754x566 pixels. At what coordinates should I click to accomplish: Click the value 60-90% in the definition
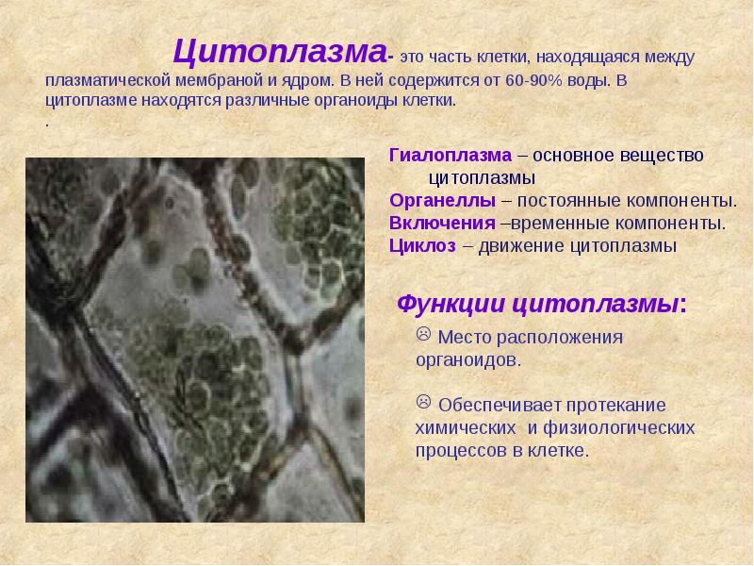tap(534, 80)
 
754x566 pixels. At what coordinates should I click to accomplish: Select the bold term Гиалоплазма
tap(450, 155)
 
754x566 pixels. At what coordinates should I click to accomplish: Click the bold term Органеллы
tap(442, 201)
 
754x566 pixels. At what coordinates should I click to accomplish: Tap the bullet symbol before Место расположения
tap(423, 335)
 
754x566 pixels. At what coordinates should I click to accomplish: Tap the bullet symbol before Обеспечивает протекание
tap(423, 403)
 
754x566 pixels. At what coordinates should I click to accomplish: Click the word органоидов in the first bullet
tap(467, 359)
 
